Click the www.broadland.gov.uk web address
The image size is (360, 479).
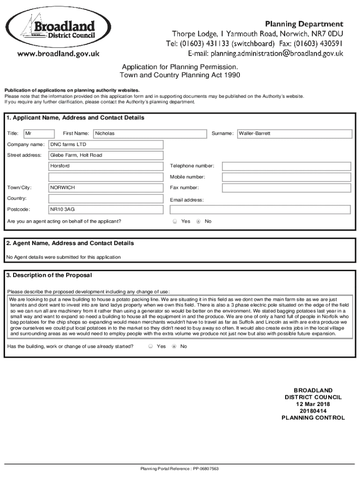(58, 54)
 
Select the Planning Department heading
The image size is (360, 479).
(304, 24)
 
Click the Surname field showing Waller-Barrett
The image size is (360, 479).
(294, 134)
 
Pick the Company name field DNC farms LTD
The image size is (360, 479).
(106, 145)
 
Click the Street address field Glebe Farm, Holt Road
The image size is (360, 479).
(106, 155)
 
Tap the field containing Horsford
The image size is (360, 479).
(106, 166)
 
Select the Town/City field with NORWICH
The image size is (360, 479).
(106, 188)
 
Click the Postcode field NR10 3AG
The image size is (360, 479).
(106, 210)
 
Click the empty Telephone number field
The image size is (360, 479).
(286, 166)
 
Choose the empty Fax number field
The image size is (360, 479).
(286, 188)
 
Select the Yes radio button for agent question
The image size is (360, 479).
(175, 221)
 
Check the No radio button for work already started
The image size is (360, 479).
(174, 347)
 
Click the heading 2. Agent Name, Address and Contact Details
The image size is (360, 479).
(70, 243)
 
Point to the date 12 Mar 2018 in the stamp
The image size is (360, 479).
(313, 404)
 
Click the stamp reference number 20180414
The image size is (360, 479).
(313, 411)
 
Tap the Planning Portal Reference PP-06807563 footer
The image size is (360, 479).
(180, 469)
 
